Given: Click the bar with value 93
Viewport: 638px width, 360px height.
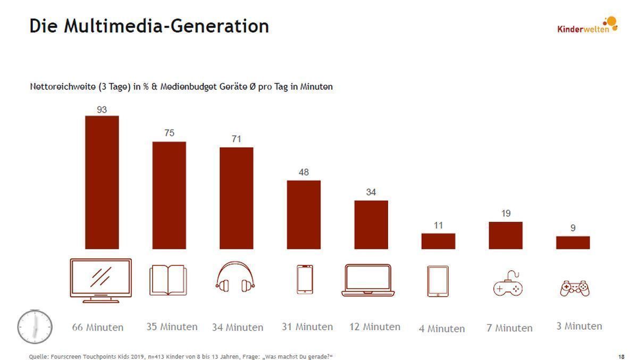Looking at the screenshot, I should click(x=102, y=182).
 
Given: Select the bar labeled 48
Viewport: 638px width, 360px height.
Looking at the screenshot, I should click(x=304, y=214).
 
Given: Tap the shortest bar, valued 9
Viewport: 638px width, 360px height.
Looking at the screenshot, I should click(x=573, y=242).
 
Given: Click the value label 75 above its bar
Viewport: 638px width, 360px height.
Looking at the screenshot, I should click(x=169, y=133).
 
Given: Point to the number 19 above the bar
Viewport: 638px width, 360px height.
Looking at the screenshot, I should click(x=506, y=213).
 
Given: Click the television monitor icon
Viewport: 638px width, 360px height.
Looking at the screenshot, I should click(x=100, y=280).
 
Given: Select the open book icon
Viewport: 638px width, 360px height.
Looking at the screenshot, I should click(x=168, y=280).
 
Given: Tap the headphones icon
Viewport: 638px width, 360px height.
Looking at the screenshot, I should click(x=236, y=278).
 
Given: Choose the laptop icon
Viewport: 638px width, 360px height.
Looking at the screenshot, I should click(x=368, y=280).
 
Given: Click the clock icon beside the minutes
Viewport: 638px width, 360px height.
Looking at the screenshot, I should click(x=35, y=326).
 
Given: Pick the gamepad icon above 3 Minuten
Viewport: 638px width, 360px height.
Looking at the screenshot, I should click(x=574, y=288).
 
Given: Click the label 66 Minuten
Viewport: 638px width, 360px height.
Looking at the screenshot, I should click(x=98, y=328).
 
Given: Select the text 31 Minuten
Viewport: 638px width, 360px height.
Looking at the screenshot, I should click(x=307, y=327).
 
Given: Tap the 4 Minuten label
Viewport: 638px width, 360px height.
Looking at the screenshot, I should click(x=442, y=329).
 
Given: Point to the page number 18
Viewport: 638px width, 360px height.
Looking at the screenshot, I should click(x=622, y=356).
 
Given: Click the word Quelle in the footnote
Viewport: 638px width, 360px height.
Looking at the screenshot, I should click(x=38, y=356).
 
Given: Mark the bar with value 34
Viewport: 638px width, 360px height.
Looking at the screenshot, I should click(x=371, y=224).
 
